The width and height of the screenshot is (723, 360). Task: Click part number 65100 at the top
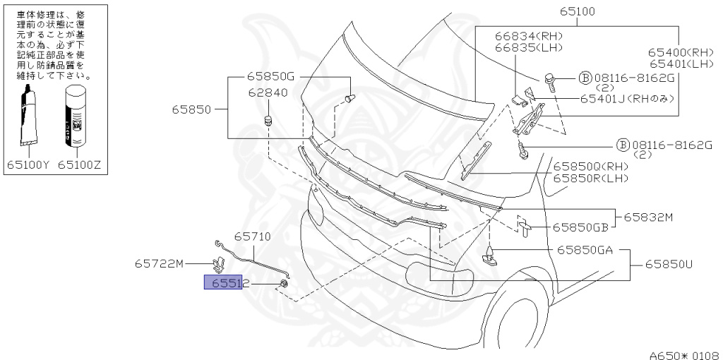(578, 11)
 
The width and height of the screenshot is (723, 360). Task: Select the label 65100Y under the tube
(29, 164)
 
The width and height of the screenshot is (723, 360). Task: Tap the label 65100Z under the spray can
(80, 164)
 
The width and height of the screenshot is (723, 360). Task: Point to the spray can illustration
(74, 116)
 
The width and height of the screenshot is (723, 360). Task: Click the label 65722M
(159, 263)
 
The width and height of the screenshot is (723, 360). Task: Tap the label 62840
(267, 92)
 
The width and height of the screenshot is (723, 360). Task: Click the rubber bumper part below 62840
(268, 120)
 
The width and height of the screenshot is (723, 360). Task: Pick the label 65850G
(270, 76)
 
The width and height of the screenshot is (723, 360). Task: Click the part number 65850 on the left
(192, 109)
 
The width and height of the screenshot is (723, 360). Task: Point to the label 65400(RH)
(681, 52)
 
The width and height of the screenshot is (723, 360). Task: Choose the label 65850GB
(580, 227)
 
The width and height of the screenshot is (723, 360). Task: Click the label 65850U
(669, 265)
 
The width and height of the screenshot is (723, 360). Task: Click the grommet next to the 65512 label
(282, 284)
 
